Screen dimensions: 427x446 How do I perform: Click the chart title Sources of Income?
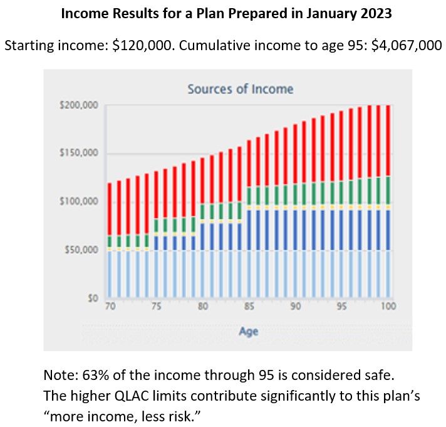pyautogui.click(x=240, y=89)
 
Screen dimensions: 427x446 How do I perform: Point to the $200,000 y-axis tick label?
pyautogui.click(x=80, y=105)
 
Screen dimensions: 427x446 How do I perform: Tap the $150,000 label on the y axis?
pyautogui.click(x=80, y=154)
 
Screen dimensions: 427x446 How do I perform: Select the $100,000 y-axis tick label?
pyautogui.click(x=80, y=202)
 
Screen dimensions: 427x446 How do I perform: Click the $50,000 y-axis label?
pyautogui.click(x=82, y=250)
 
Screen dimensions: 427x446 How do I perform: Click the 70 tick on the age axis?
pyautogui.click(x=110, y=307)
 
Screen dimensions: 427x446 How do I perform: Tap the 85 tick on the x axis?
pyautogui.click(x=249, y=307)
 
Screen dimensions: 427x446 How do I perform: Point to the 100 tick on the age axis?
pyautogui.click(x=389, y=307)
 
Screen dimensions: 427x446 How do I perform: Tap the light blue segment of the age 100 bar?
pyautogui.click(x=388, y=273)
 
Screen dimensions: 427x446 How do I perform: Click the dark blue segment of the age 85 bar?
pyautogui.click(x=249, y=229)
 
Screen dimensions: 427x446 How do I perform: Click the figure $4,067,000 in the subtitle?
pyautogui.click(x=403, y=46)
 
